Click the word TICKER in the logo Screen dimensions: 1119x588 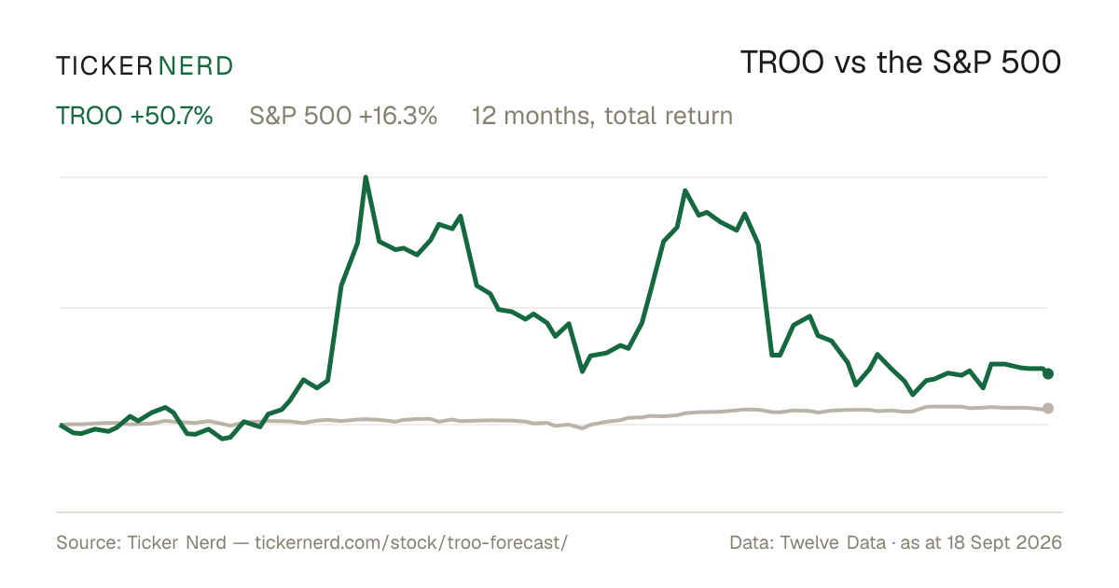104,66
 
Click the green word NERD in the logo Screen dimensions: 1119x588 196,66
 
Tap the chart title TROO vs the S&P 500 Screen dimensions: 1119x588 901,63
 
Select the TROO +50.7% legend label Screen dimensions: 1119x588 134,116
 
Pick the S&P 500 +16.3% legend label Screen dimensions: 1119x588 343,116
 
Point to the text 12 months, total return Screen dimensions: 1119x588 602,116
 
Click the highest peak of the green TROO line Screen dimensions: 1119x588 366,177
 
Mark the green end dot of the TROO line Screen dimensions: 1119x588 1048,373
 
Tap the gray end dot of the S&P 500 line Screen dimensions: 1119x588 1048,409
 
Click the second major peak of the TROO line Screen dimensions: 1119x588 684,190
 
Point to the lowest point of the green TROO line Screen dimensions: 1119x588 223,439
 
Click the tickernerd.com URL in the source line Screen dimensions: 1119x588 411,542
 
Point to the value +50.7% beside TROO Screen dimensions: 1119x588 172,116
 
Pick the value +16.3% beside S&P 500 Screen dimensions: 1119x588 397,116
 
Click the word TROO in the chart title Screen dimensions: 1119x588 781,63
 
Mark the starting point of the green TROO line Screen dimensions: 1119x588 61,425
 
